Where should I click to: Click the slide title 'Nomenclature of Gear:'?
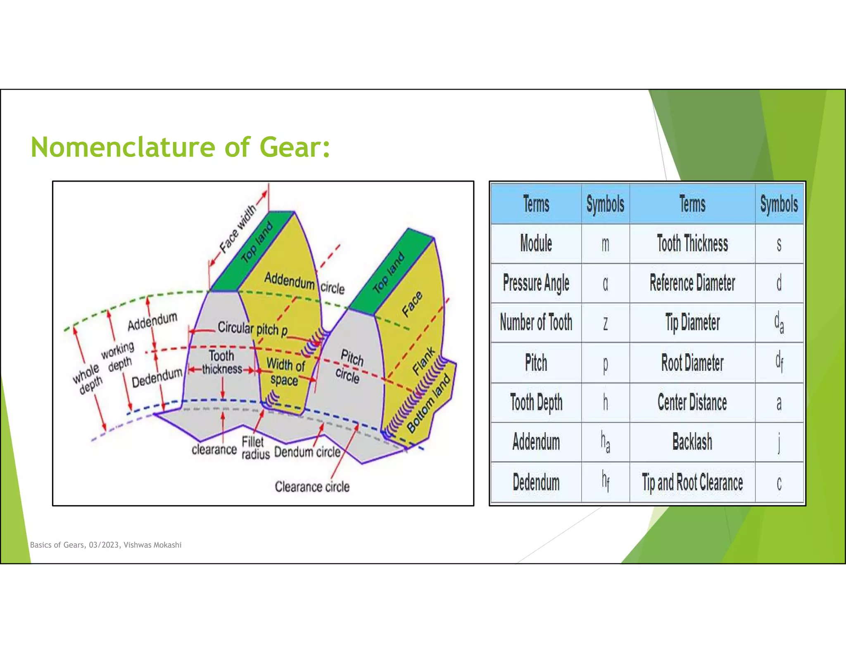point(181,147)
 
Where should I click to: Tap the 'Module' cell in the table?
point(536,244)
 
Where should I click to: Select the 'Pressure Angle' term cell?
point(536,283)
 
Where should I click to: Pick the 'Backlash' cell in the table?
point(692,442)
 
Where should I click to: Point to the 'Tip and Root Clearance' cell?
point(692,482)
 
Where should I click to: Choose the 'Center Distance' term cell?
point(692,402)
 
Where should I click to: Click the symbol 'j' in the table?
point(779,442)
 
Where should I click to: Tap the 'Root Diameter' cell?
point(692,363)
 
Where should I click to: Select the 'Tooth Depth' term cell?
point(536,402)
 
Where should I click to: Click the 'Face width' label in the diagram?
point(238,229)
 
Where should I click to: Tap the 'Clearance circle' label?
point(312,487)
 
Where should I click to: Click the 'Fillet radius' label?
point(255,448)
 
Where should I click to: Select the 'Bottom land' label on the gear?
point(428,403)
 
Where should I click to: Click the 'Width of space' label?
point(285,372)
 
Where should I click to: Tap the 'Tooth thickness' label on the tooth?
point(222,362)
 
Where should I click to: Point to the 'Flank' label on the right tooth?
point(424,361)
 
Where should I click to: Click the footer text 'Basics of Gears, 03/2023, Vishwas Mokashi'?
point(106,545)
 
